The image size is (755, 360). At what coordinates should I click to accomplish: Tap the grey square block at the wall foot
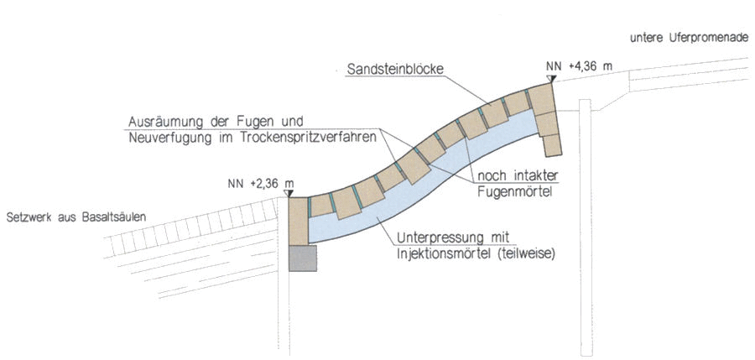(x=301, y=258)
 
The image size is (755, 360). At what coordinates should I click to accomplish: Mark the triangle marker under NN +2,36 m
(x=289, y=193)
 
